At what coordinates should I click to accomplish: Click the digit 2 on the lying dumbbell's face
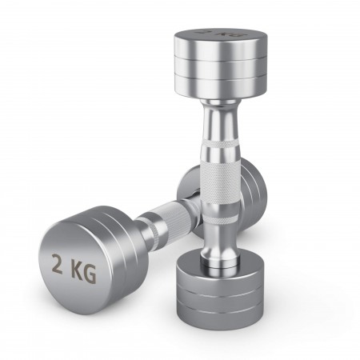coord(57,264)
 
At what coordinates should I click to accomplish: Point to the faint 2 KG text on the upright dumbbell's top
coord(221,34)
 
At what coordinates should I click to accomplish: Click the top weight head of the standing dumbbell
coord(220,63)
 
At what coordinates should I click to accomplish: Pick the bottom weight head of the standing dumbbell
coord(220,290)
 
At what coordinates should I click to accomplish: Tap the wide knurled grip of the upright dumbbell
coord(221,184)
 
